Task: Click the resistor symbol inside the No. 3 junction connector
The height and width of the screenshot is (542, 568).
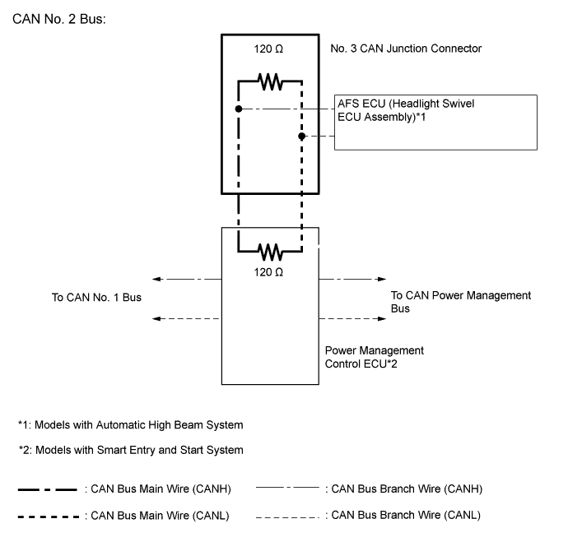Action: tap(270, 81)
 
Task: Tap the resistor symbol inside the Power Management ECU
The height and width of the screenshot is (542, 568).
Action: tap(270, 250)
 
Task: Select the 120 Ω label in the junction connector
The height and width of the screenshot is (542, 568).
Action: tap(269, 49)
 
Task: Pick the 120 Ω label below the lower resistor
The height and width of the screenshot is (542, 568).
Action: tap(269, 271)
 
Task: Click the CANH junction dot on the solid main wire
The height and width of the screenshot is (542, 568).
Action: tap(238, 109)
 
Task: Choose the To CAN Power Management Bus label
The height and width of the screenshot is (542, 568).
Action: tap(460, 301)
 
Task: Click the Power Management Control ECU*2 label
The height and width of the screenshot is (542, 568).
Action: tap(375, 356)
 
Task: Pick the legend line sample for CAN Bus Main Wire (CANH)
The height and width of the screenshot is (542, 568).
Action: tap(49, 490)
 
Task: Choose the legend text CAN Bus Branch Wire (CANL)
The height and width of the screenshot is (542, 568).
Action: tap(403, 515)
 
